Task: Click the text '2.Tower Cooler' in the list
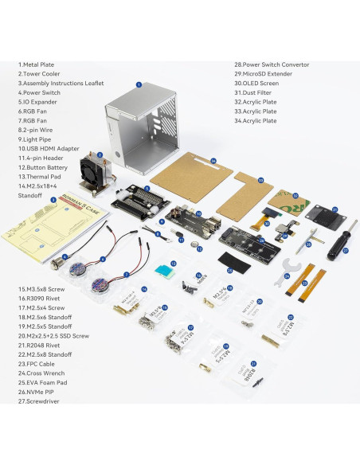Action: pyautogui.click(x=44, y=74)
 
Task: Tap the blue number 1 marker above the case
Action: pyautogui.click(x=138, y=84)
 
